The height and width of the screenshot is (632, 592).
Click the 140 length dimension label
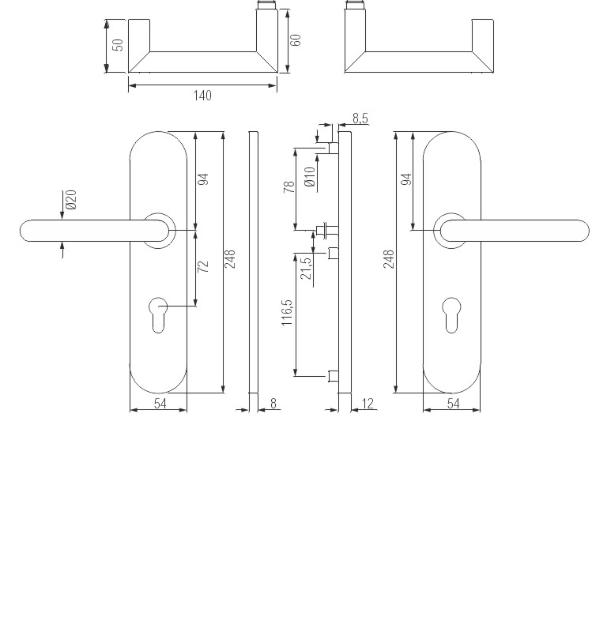point(202,96)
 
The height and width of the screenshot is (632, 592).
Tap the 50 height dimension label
point(118,44)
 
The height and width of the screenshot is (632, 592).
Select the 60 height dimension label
point(296,40)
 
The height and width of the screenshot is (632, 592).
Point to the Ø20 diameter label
point(70,199)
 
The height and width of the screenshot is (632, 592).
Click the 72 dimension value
point(203,265)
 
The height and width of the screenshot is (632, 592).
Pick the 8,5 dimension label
point(360,118)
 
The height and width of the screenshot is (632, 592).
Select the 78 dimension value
point(289,186)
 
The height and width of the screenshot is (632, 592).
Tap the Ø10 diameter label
point(309,175)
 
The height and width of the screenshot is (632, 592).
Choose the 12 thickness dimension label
point(367,404)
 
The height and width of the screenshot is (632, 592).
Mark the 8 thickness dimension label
point(273,404)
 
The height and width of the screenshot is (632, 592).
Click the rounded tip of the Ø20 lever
point(30,230)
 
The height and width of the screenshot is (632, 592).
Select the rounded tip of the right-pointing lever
point(579,230)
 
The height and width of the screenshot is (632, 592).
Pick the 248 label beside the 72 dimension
point(230,259)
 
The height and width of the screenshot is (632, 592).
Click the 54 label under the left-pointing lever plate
point(159,404)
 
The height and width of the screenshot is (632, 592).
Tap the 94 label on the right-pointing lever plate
point(406,179)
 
